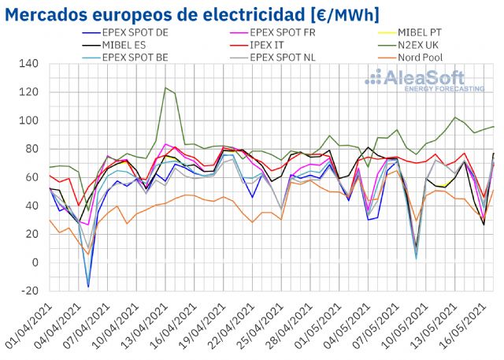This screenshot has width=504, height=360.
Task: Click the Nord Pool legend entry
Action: [x=421, y=58]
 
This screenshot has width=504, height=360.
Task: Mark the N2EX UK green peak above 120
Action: [x=165, y=88]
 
